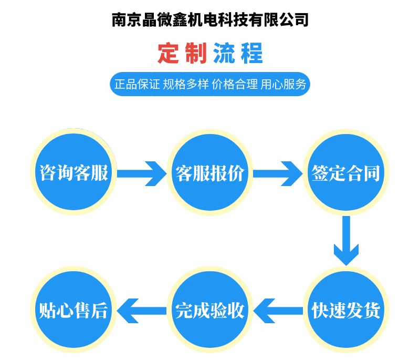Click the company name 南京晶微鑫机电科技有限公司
pyautogui.click(x=210, y=20)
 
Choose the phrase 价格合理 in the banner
pyautogui.click(x=234, y=84)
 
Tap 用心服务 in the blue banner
pyautogui.click(x=283, y=84)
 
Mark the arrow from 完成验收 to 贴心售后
pyautogui.click(x=142, y=310)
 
